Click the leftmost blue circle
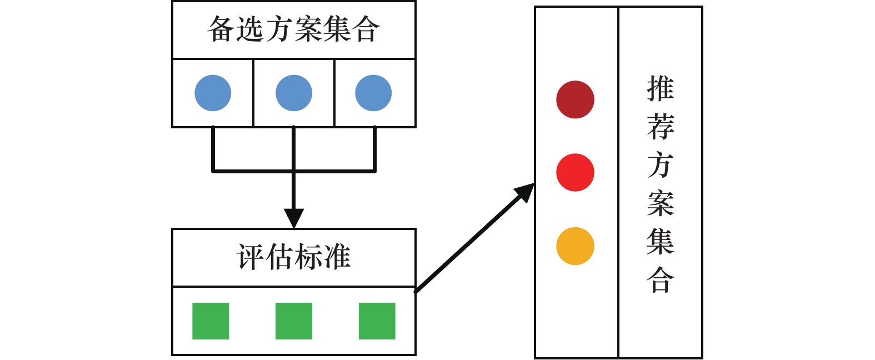[213, 93]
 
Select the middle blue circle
[294, 93]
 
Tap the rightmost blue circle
[373, 93]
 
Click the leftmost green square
[211, 321]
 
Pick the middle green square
[294, 321]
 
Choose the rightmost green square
[377, 321]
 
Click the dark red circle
[575, 99]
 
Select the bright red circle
[575, 172]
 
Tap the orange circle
[575, 246]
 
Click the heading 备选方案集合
[293, 29]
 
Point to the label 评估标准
[293, 257]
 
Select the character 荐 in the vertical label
[661, 127]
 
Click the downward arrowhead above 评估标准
[294, 217]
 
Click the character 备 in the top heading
[221, 29]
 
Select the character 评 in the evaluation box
[251, 257]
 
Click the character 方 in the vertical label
[661, 165]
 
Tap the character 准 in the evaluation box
[337, 257]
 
